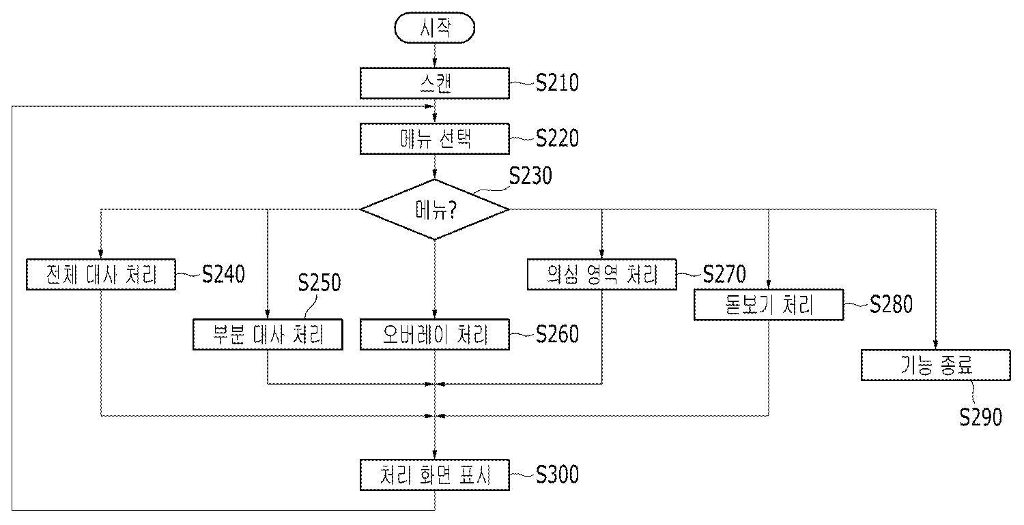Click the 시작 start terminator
434,29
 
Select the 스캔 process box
434,82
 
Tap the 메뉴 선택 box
434,138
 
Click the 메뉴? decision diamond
435,209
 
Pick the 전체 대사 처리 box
100,275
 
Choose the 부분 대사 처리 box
267,335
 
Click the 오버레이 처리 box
434,335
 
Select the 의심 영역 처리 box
601,275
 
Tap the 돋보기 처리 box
769,304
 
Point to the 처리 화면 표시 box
434,475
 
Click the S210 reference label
556,83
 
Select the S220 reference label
556,138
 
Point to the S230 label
531,176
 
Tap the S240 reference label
223,275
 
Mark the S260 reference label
556,334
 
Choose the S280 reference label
891,305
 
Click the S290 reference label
980,417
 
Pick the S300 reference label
556,475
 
